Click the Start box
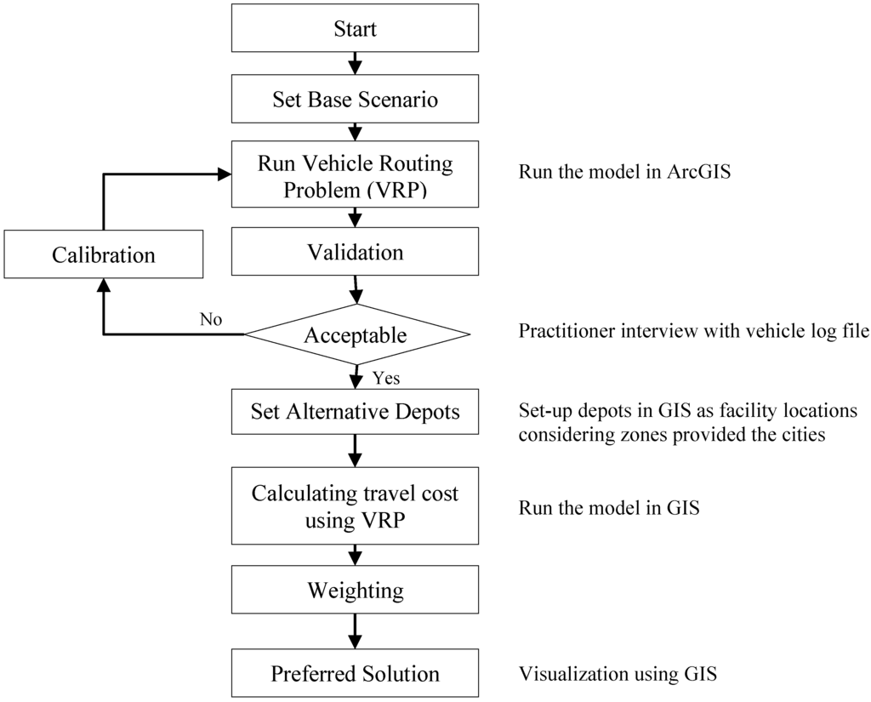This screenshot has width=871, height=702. click(x=356, y=30)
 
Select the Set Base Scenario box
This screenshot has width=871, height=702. click(x=356, y=100)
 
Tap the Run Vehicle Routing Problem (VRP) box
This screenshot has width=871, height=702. click(x=356, y=176)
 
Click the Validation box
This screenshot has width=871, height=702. click(x=356, y=253)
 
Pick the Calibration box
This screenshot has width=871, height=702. click(x=104, y=254)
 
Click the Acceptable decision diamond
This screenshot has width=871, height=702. click(x=356, y=335)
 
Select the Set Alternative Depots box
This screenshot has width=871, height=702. click(x=356, y=412)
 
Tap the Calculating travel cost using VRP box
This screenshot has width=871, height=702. click(x=356, y=507)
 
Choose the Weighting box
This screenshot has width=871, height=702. click(x=356, y=590)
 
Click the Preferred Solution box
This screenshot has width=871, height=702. click(x=356, y=674)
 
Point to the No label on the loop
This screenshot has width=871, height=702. click(x=211, y=319)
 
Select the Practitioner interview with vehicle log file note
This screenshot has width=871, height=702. click(x=693, y=331)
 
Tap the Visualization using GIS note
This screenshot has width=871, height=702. click(x=618, y=675)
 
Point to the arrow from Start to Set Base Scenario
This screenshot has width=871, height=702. click(x=356, y=65)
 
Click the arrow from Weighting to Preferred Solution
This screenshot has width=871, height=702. click(x=356, y=631)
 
